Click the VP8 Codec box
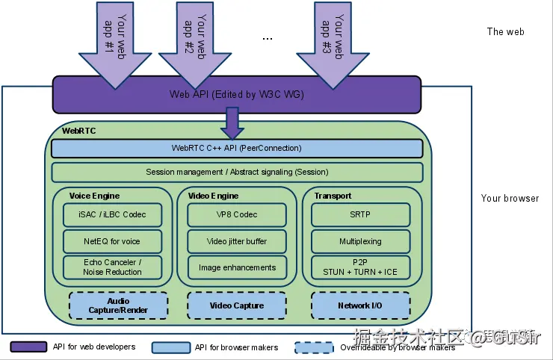[x=237, y=214]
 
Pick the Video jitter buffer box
[x=237, y=241]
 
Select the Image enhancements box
[x=237, y=267]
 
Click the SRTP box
[x=360, y=214]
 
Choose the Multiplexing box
[x=360, y=241]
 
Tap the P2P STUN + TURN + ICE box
[x=360, y=267]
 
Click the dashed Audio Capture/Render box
[x=118, y=305]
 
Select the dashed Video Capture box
[x=237, y=305]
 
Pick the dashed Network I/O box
[x=360, y=305]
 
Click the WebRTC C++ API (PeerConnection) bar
[x=237, y=148]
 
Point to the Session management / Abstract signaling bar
[x=237, y=173]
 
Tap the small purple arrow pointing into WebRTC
[x=232, y=122]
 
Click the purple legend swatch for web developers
[x=29, y=347]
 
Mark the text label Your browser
[x=510, y=199]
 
